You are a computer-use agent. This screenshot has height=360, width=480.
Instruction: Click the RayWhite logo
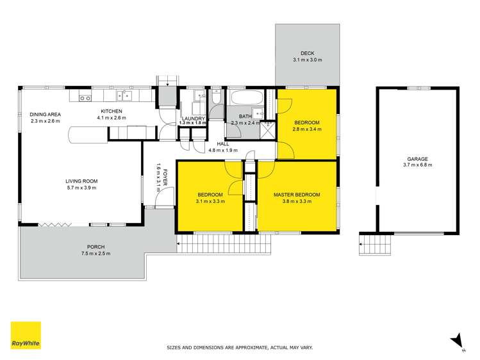click(x=26, y=335)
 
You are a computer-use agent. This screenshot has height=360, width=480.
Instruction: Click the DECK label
click(x=308, y=53)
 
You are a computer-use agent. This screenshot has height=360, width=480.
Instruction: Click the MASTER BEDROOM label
click(x=296, y=195)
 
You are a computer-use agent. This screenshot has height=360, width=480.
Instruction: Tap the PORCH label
click(x=95, y=247)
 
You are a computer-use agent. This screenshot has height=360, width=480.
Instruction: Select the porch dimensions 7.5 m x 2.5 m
click(x=95, y=254)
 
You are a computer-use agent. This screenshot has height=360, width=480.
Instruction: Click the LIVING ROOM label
click(x=81, y=181)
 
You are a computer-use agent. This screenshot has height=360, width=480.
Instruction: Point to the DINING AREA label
click(x=44, y=114)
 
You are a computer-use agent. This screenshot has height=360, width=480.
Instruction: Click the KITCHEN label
click(x=109, y=111)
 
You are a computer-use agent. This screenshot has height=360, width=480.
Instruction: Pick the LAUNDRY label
click(x=193, y=119)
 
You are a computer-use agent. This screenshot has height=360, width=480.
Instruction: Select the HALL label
click(x=222, y=144)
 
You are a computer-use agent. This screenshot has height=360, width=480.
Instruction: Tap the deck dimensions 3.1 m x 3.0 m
click(x=308, y=60)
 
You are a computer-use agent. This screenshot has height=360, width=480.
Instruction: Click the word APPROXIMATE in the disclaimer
click(x=238, y=347)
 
